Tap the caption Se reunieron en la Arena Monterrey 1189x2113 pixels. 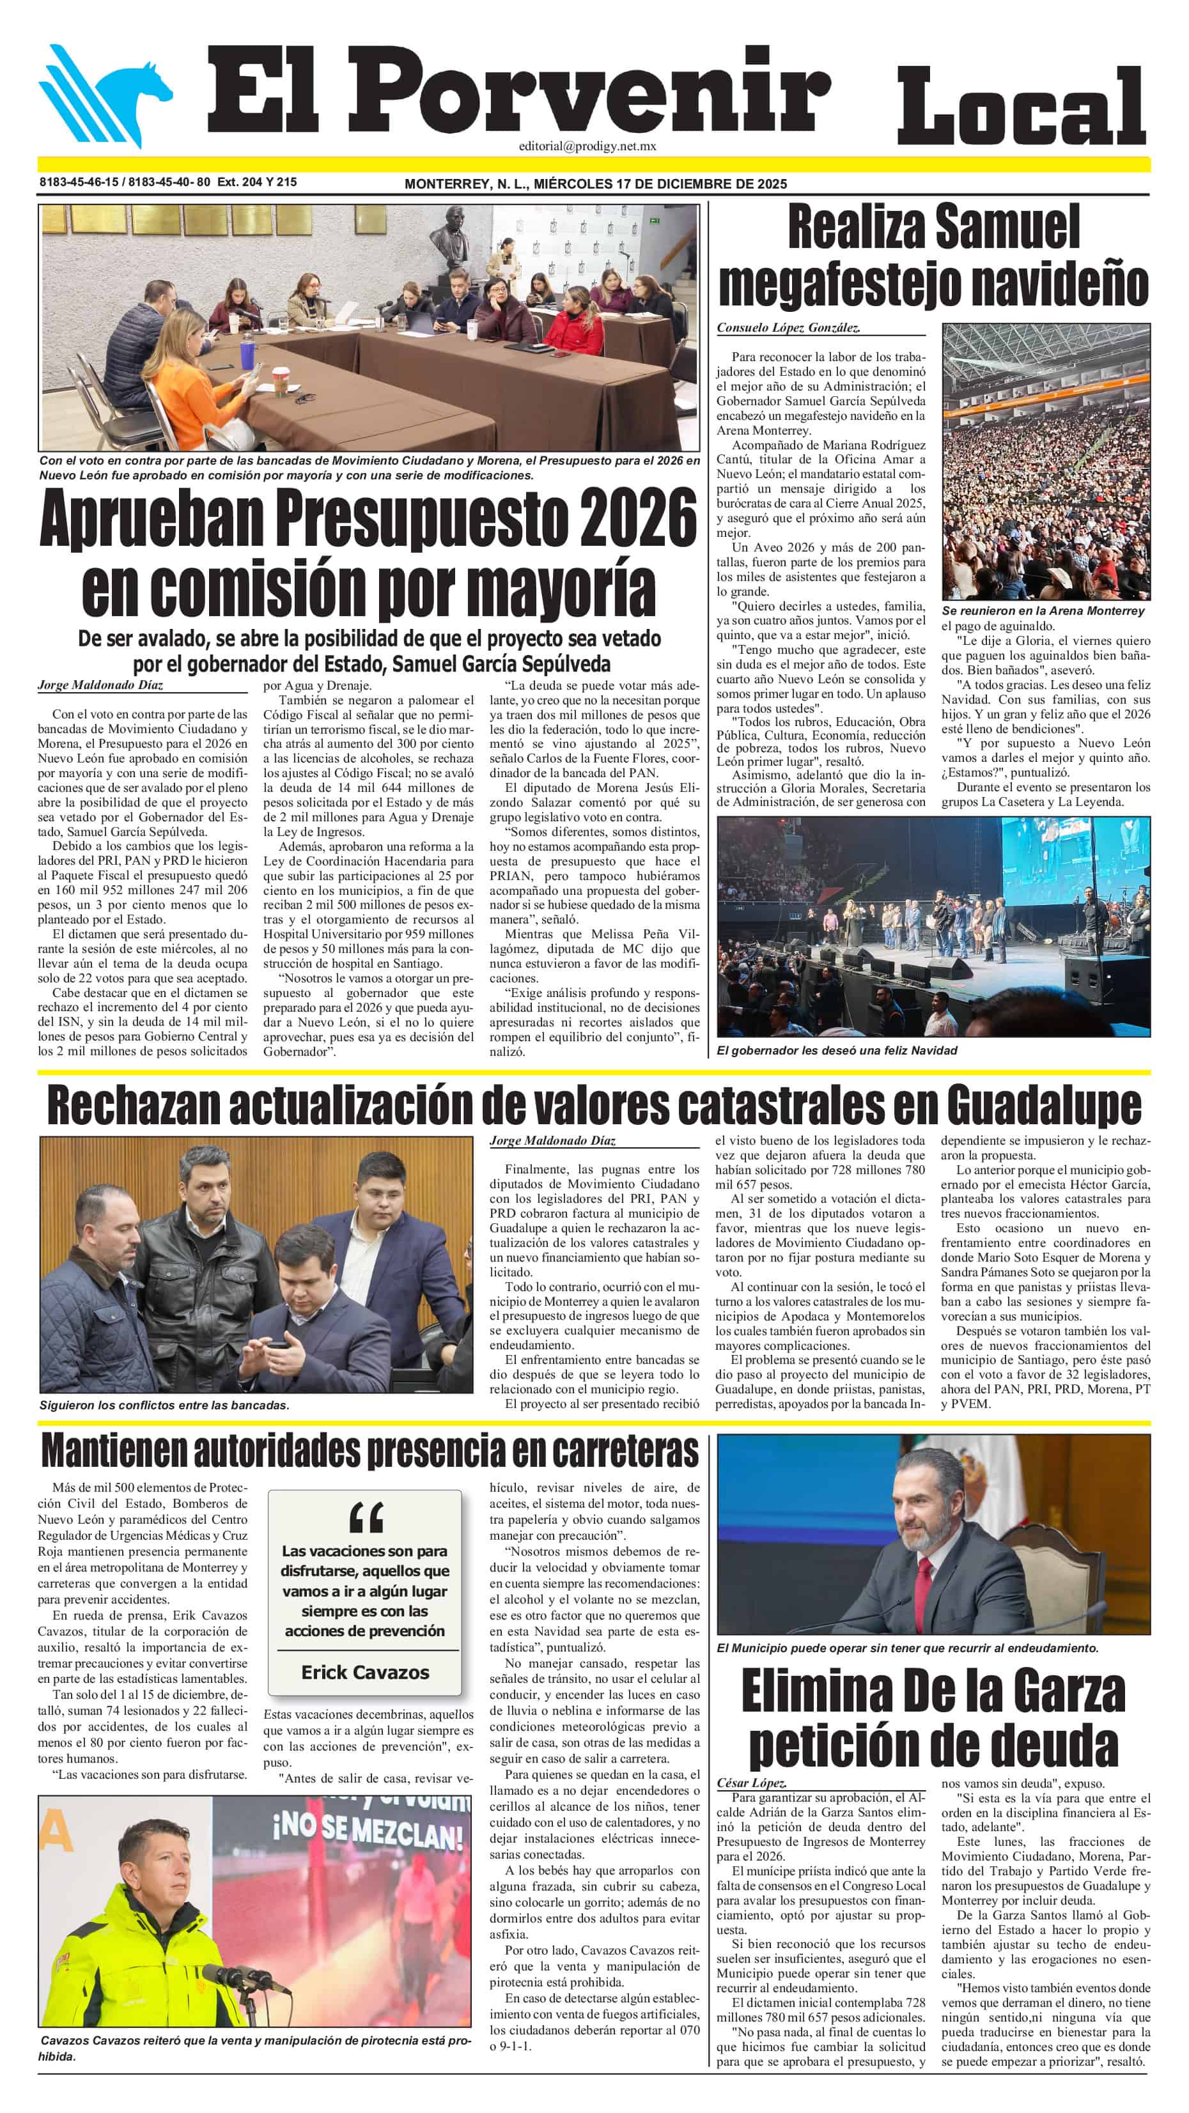[1042, 611]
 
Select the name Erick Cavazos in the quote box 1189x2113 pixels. [365, 1673]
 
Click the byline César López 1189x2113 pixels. [752, 1783]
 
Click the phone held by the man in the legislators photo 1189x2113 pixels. [277, 1343]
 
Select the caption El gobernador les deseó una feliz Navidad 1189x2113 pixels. [836, 1051]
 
